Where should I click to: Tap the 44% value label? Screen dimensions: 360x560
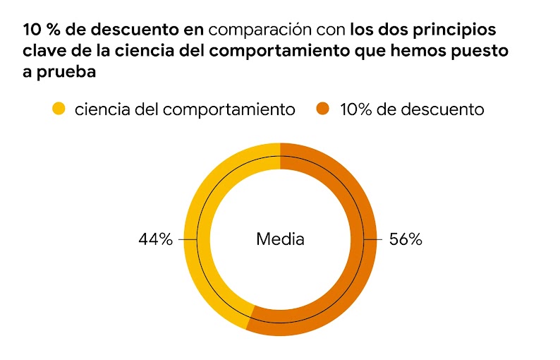pos(155,239)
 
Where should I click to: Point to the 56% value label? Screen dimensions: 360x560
pos(406,239)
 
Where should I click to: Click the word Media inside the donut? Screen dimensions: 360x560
pos(280,239)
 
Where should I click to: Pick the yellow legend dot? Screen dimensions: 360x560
pos(59,109)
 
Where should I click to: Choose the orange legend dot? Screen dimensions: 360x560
pos(324,109)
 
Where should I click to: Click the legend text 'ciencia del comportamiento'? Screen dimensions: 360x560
pos(184,109)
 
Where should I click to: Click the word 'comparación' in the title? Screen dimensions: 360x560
pos(277,30)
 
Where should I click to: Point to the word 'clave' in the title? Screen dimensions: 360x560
pos(44,52)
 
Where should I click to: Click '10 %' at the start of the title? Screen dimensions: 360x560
pos(39,30)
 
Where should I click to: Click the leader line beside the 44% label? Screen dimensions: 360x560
pos(187,239)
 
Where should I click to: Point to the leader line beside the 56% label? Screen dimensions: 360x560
pos(373,239)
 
